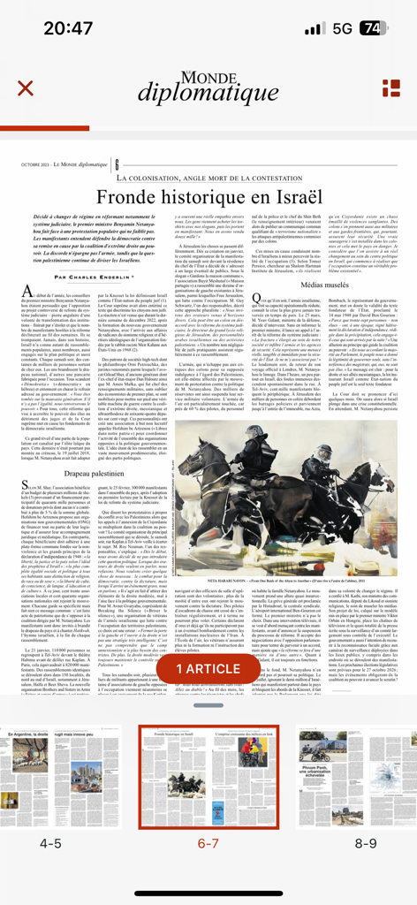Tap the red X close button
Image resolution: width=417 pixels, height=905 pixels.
click(26, 87)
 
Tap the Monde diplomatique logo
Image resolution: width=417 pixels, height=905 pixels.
click(208, 87)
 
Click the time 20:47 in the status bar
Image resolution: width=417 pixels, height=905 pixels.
click(67, 28)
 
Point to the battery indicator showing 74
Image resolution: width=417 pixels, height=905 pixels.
click(372, 28)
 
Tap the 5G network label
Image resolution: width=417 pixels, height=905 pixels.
click(342, 28)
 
